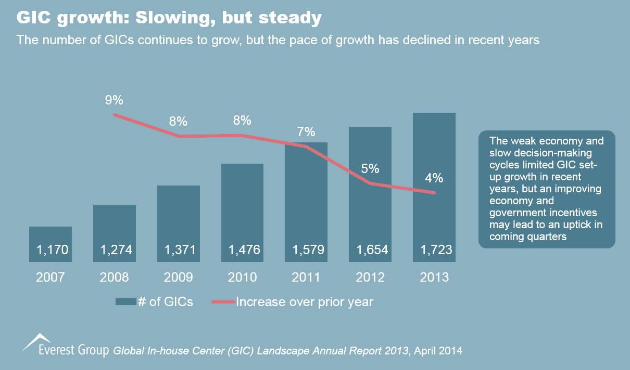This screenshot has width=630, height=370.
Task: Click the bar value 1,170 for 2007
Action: pos(51,250)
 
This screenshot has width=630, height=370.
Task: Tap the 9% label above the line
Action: pos(115,100)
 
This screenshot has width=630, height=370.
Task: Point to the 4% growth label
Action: pos(434,178)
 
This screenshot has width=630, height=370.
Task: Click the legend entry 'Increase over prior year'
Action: pos(305,302)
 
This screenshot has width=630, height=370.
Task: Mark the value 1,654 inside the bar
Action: pos(370,250)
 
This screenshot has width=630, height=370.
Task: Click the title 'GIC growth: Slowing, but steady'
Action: pos(169,19)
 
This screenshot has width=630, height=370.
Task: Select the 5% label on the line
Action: pos(370,169)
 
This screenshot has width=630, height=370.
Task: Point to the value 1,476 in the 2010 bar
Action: pos(242,250)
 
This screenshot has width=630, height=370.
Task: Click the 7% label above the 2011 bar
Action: pos(306,132)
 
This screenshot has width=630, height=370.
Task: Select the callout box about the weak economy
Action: pos(547,189)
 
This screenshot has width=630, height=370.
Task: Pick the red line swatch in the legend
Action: pos(223,302)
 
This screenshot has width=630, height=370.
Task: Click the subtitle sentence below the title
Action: pos(278,39)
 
